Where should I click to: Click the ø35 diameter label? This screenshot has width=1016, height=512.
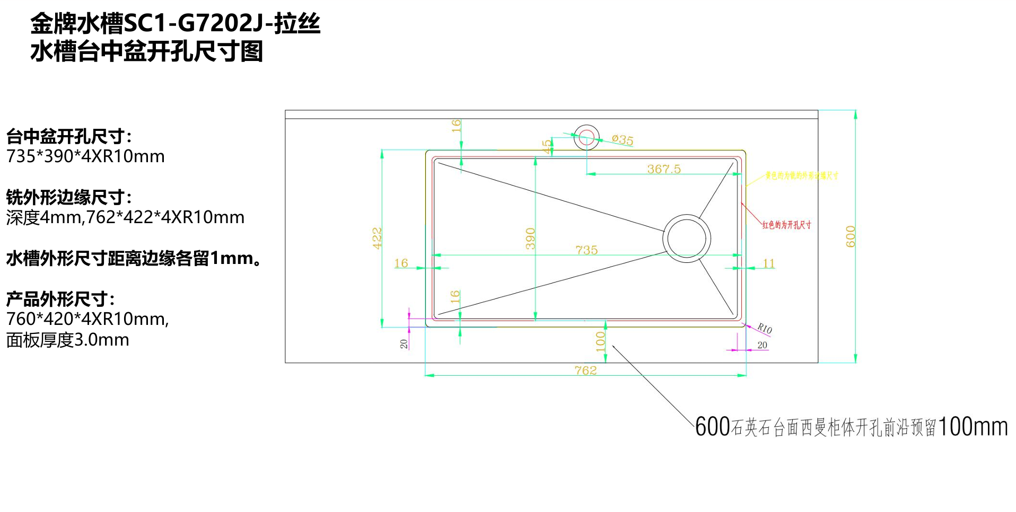[623, 140]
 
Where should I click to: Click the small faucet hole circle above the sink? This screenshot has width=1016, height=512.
[586, 137]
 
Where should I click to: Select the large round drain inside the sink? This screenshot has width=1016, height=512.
[687, 239]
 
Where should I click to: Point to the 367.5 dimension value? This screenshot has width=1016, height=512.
[663, 169]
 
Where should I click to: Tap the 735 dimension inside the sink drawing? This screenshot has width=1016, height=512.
[586, 250]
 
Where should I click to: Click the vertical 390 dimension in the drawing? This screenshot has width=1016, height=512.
[530, 239]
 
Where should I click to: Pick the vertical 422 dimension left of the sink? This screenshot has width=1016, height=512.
[377, 238]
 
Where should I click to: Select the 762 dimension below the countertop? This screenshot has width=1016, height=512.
[585, 370]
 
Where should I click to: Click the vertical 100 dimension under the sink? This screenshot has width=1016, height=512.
[600, 341]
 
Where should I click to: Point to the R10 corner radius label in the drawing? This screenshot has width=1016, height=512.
[764, 329]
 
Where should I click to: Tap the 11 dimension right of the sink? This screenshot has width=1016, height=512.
[768, 263]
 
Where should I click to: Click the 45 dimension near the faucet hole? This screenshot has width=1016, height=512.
[547, 146]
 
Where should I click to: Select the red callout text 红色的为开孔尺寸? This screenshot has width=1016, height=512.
[786, 225]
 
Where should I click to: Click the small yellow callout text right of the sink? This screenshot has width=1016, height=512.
[801, 175]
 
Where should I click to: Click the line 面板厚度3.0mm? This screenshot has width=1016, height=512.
[67, 340]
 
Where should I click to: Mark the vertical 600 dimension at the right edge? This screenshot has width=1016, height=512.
[850, 236]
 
